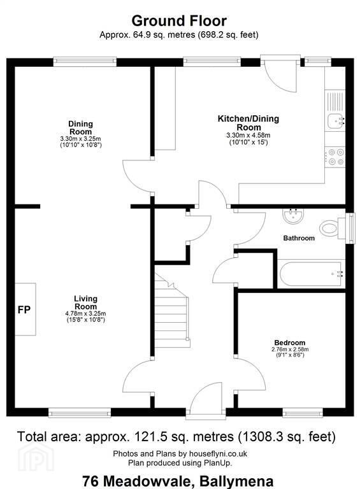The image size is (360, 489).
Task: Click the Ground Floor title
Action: click(179, 21)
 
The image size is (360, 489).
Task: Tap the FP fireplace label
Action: click(24, 309)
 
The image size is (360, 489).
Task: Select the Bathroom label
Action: click(299, 238)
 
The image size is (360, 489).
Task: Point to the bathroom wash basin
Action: click(293, 215)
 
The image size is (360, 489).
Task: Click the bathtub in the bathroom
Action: click(312, 274)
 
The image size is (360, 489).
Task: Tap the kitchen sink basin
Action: click(335, 120)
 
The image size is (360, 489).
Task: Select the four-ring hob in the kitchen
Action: click(335, 157)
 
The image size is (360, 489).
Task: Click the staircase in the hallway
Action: click(172, 312)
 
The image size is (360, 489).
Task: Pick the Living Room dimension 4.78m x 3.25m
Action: click(85, 313)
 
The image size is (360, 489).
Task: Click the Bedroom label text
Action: click(290, 343)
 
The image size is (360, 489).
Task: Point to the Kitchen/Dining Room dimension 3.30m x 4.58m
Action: click(248, 136)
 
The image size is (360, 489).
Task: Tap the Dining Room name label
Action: click(80, 127)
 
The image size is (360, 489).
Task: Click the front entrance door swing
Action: click(206, 396)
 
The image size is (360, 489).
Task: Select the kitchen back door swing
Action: click(280, 76)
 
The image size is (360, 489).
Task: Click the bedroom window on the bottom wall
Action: click(303, 413)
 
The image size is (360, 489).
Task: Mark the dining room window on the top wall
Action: click(85, 61)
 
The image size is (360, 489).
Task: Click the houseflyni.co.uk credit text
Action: click(216, 453)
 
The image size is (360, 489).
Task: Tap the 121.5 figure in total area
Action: click(150, 436)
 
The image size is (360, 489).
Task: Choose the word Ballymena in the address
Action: click(236, 481)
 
